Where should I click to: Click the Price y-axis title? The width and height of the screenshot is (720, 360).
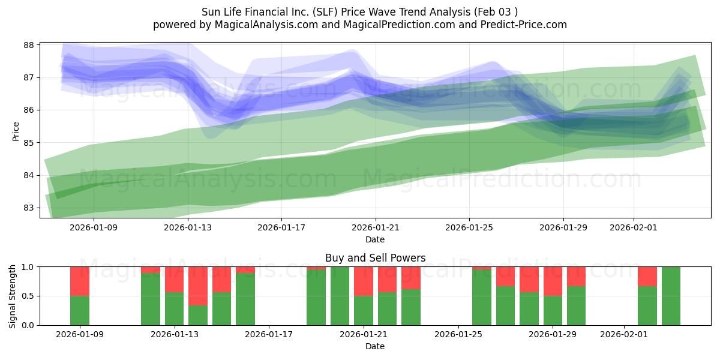[16, 130]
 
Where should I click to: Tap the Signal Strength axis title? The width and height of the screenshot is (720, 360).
[13, 296]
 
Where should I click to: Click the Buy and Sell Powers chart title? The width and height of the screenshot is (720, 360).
[375, 258]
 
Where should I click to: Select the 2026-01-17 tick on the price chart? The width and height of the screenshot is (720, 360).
[281, 227]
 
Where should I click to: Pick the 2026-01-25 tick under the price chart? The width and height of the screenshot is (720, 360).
[469, 227]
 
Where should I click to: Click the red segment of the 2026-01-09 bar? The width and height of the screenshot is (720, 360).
[80, 281]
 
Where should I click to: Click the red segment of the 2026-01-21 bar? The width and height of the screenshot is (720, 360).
[364, 281]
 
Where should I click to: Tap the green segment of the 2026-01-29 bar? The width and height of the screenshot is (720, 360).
[553, 310]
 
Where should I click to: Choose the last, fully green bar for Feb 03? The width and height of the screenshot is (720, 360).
[671, 296]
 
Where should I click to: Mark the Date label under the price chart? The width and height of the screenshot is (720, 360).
[375, 239]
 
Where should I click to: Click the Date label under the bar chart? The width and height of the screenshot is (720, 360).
[375, 346]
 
